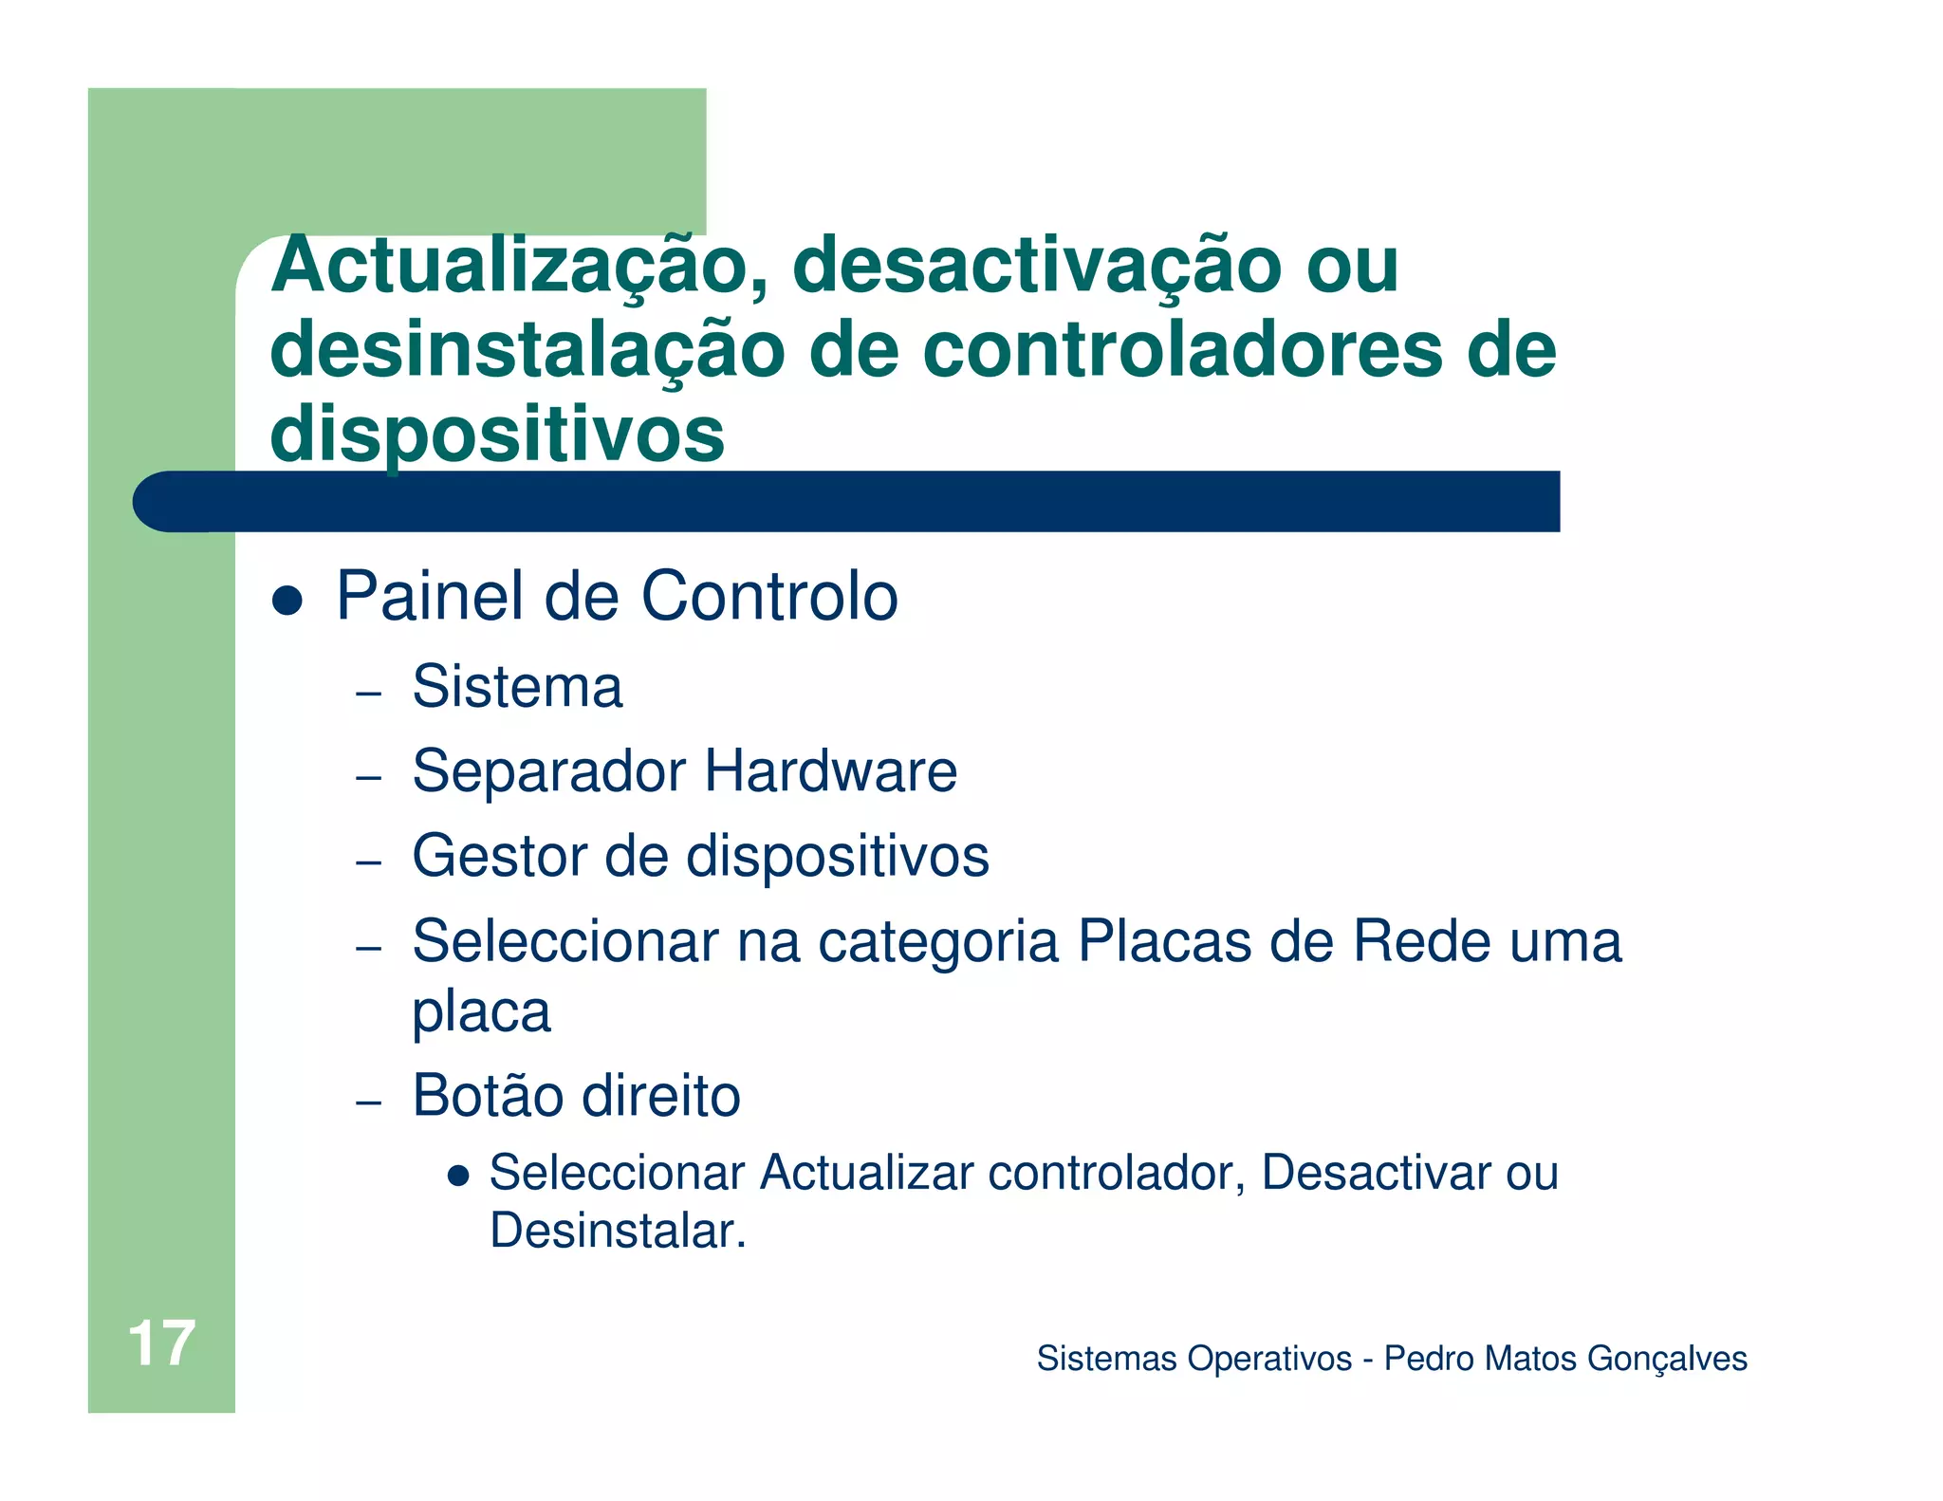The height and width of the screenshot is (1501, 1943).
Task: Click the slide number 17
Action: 161,1344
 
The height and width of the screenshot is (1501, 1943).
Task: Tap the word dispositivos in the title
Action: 497,434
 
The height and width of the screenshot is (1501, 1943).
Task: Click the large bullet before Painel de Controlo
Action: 287,600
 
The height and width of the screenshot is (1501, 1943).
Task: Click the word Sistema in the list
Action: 517,686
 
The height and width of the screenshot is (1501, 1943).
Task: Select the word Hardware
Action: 830,770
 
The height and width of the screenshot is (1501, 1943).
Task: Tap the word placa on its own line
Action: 481,1012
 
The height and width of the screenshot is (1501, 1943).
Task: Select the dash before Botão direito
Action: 368,1103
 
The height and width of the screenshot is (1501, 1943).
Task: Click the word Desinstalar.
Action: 617,1231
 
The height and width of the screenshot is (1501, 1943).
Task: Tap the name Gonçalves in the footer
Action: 1667,1359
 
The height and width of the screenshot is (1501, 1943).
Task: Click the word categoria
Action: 937,943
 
